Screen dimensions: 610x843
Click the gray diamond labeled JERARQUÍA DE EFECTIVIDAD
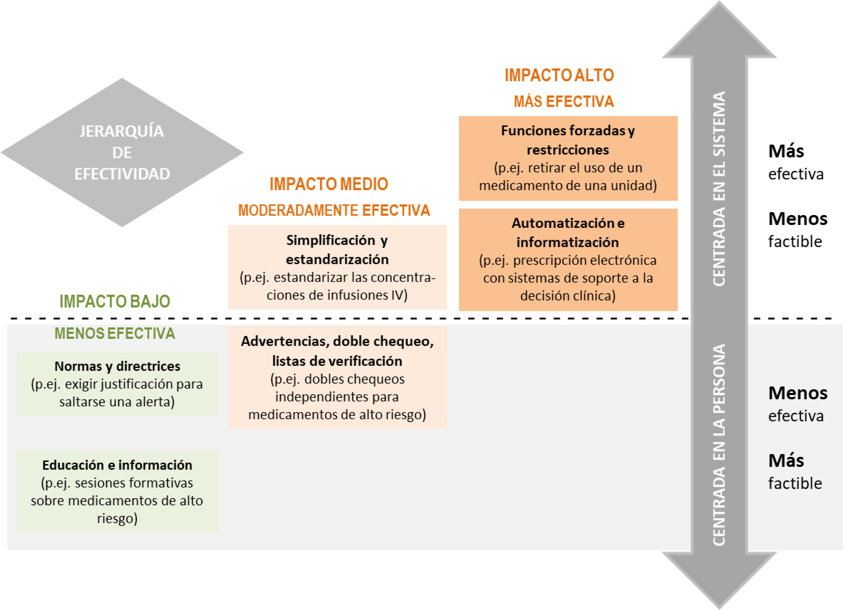122,152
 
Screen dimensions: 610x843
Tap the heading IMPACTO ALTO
559,75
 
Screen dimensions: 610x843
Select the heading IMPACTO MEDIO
329,184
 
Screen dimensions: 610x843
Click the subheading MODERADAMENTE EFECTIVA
334,210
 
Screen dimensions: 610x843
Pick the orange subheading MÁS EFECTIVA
563,101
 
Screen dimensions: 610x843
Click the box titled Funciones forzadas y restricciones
568,158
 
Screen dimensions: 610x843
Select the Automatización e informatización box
568,260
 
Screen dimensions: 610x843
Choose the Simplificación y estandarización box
337,267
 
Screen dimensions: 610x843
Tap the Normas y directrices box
117,384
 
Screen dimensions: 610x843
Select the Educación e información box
117,491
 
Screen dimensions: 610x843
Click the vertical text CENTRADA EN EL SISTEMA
719,189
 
